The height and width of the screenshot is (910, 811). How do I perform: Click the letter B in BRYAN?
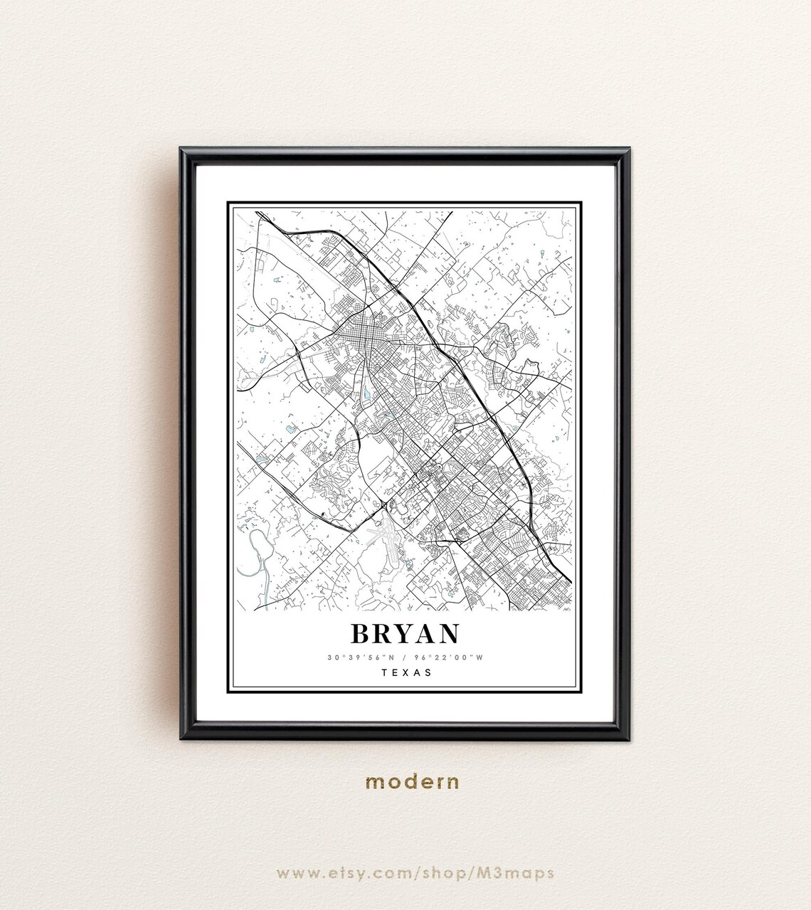click(x=362, y=634)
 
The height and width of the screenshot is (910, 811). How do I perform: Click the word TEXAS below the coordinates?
click(x=405, y=672)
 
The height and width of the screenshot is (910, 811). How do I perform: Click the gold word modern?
click(x=412, y=782)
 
